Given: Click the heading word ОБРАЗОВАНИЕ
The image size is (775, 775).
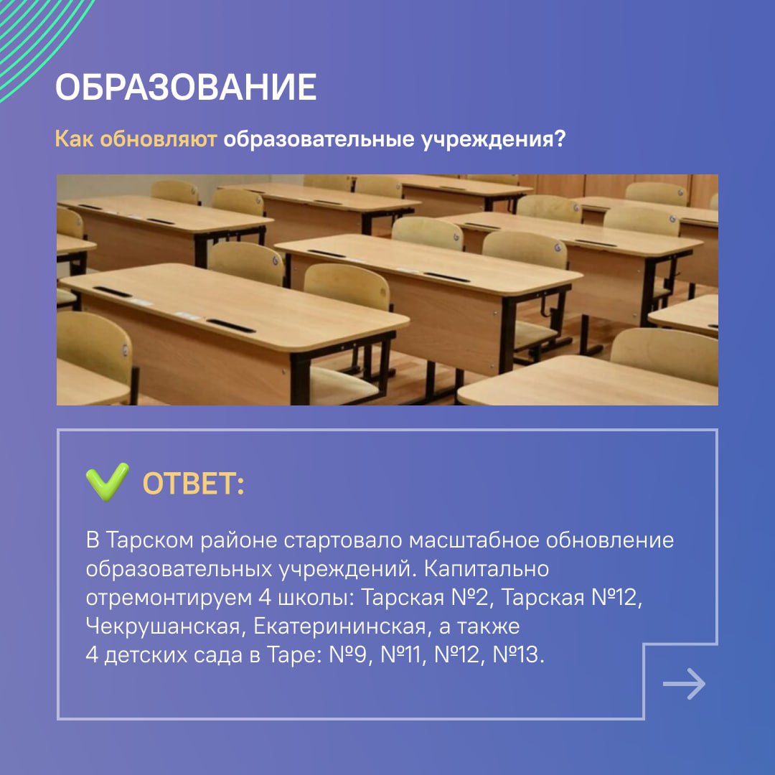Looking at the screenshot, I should (x=186, y=88).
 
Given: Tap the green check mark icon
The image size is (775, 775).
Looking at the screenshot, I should (x=107, y=482).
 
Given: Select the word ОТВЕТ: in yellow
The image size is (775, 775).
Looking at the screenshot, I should (x=194, y=484).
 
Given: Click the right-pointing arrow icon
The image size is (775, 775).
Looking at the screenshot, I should (x=684, y=684).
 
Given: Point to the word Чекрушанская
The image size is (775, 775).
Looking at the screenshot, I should (x=162, y=626).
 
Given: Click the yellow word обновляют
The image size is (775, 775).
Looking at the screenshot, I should (x=158, y=139).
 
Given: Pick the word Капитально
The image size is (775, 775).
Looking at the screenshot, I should (x=487, y=568).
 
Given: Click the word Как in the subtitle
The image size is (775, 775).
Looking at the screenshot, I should (x=75, y=139).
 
